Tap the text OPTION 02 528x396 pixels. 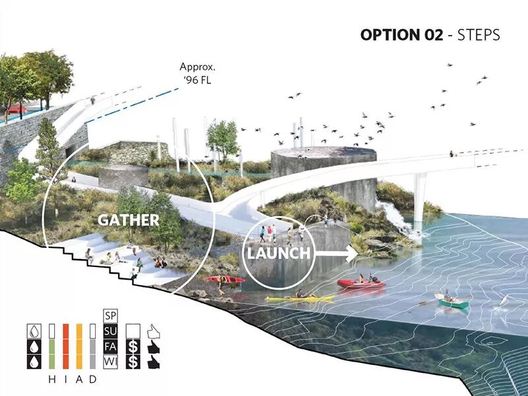[401, 34]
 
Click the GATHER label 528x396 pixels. [129, 220]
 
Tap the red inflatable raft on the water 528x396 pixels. [361, 282]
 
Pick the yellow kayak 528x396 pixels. [300, 299]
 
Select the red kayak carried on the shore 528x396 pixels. [224, 279]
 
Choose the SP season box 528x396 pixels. [110, 315]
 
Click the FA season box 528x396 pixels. [110, 346]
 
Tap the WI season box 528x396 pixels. [110, 362]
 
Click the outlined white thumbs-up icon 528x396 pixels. [152, 330]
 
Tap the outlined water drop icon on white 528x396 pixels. [32, 330]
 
